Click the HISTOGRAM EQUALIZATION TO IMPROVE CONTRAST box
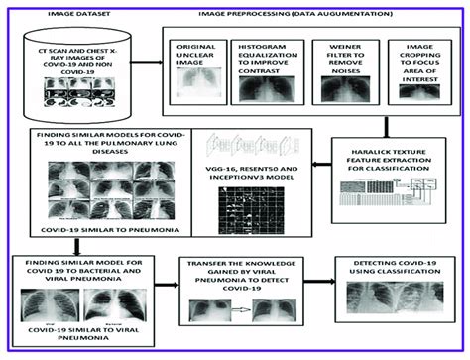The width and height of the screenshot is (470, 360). coord(266,75)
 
